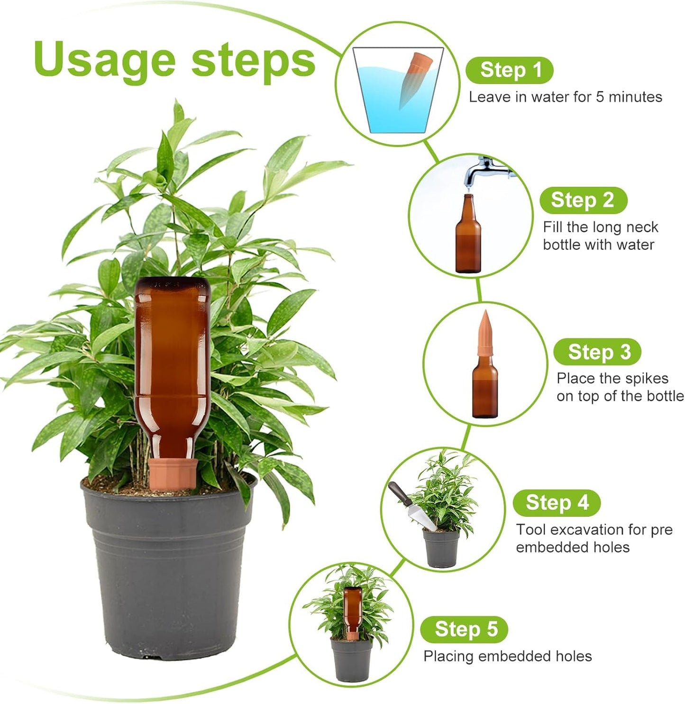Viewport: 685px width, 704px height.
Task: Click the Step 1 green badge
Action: [x=510, y=70]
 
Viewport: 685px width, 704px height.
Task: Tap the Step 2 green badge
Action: [x=583, y=200]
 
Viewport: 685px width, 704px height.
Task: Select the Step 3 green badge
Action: [x=598, y=352]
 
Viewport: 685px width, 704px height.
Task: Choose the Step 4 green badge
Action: [x=557, y=503]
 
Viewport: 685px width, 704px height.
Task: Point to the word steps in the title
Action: [x=253, y=61]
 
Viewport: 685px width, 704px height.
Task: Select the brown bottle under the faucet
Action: [x=468, y=237]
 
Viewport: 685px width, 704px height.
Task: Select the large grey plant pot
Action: [x=168, y=569]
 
